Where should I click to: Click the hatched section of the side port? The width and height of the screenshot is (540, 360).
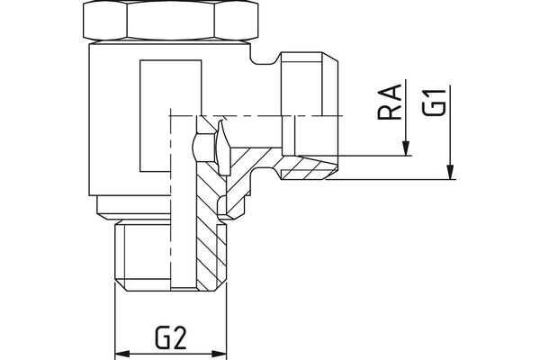point(301,167)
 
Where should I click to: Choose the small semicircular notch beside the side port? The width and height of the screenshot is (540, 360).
point(265,63)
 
